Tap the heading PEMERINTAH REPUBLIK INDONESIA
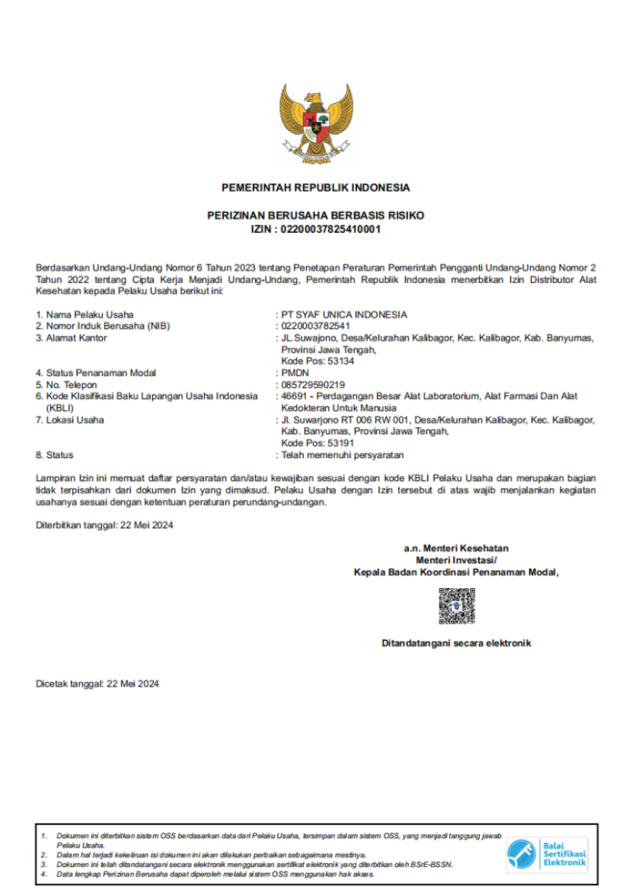click(315, 188)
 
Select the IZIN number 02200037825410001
click(330, 228)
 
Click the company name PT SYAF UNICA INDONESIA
click(344, 314)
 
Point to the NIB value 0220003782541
click(316, 326)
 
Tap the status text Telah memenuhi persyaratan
click(343, 455)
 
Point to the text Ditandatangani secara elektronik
click(456, 643)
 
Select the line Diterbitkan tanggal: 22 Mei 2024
click(104, 525)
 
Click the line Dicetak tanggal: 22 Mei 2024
click(97, 684)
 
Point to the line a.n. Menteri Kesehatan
click(456, 548)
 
